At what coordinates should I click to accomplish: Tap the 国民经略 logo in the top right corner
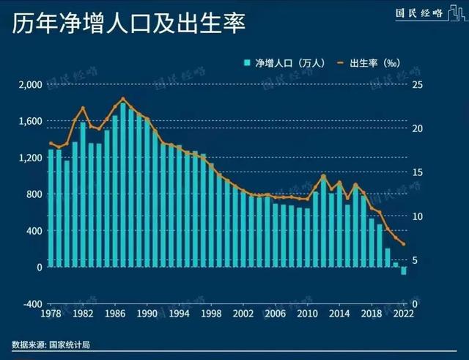click(418, 13)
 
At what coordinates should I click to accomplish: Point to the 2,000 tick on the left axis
click(31, 84)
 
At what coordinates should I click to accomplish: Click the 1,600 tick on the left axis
click(31, 121)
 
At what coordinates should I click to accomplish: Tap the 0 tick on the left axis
click(39, 267)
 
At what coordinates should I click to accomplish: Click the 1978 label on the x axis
click(51, 314)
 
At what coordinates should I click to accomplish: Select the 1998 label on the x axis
click(210, 314)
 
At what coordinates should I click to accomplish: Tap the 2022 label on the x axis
click(402, 314)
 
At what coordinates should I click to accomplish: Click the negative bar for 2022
click(403, 271)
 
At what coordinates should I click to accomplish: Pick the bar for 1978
click(51, 209)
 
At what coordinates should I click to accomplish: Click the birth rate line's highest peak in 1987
click(123, 98)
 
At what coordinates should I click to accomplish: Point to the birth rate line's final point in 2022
click(403, 245)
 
